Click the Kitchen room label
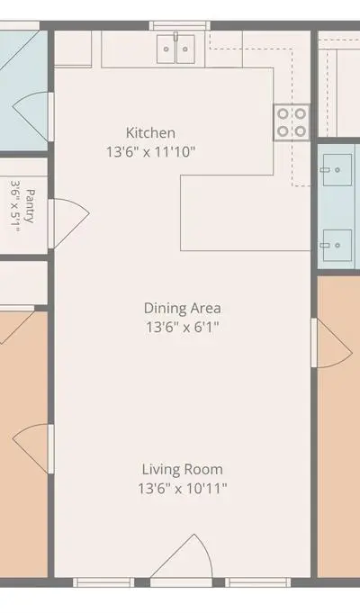coord(150,133)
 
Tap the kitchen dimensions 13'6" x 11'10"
coord(150,152)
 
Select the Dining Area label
coord(182,308)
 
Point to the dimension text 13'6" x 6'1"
coord(182,327)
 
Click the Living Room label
coord(182,469)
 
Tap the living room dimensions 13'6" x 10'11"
coord(182,488)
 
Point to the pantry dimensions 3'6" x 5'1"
coord(15,206)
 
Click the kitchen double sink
coord(175,49)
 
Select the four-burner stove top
coord(292,122)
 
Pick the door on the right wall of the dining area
coord(331,343)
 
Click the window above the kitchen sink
coord(180,26)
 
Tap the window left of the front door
coord(103,582)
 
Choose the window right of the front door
coord(258,582)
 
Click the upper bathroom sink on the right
coord(337,169)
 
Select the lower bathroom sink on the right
coord(337,245)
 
